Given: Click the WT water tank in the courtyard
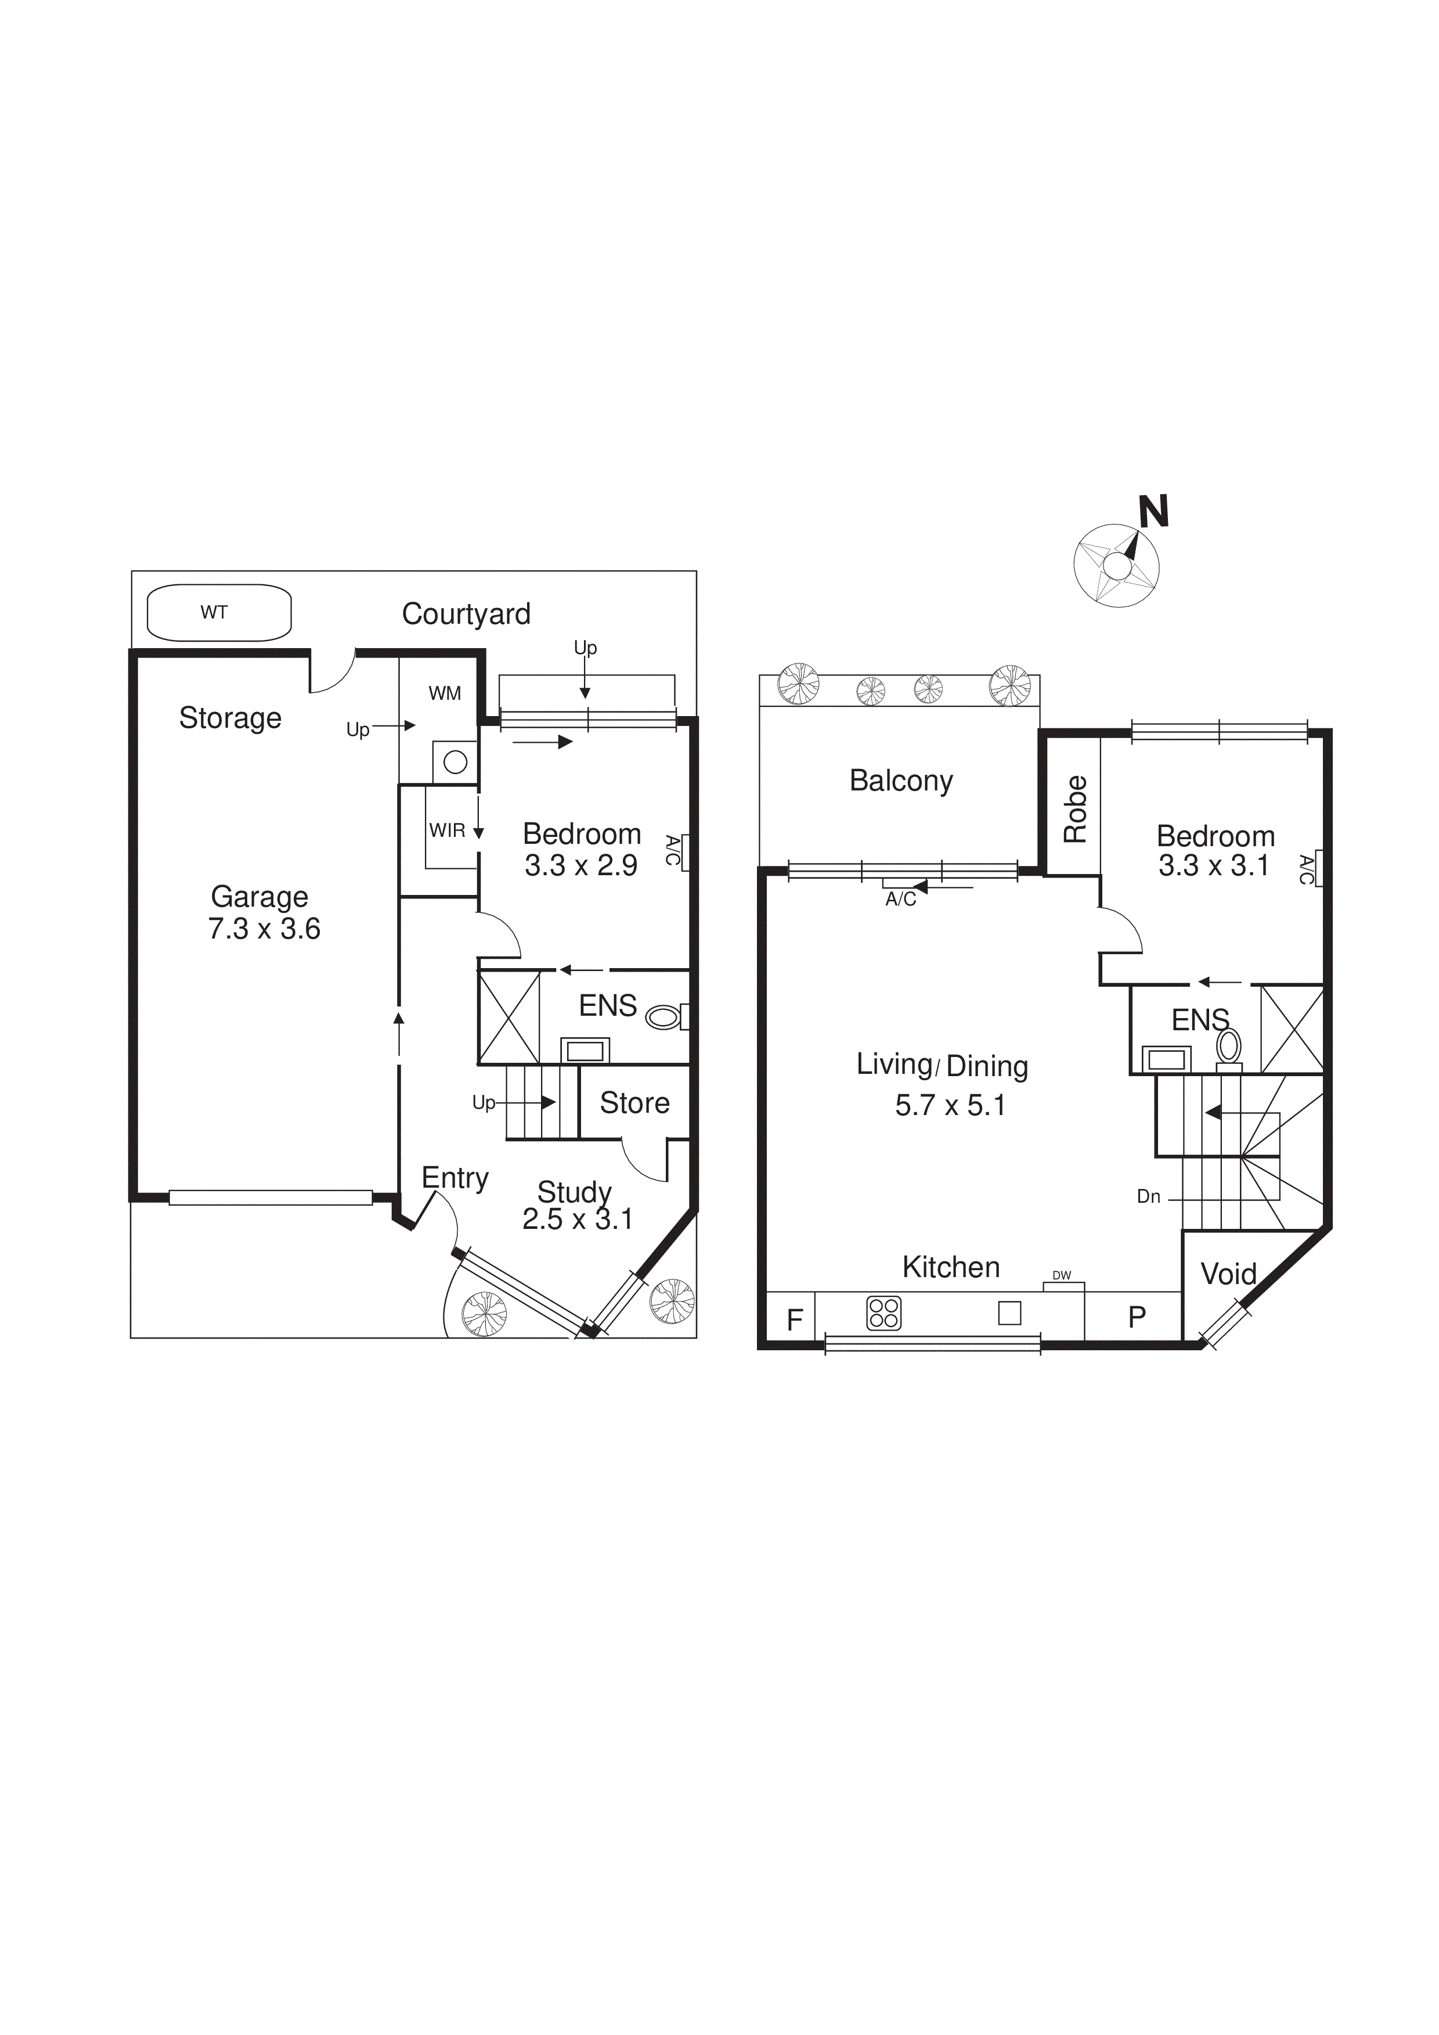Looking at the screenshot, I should pyautogui.click(x=218, y=612).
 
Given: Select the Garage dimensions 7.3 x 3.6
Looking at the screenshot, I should pyautogui.click(x=264, y=929).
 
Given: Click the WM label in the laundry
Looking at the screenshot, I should pyautogui.click(x=445, y=693).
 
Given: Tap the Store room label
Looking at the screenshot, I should pyautogui.click(x=634, y=1103).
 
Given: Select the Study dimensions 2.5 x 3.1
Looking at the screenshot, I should pyautogui.click(x=577, y=1220).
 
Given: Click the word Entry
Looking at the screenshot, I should pyautogui.click(x=455, y=1178).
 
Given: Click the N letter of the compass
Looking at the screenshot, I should pyautogui.click(x=1153, y=512).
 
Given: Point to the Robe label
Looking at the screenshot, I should pyautogui.click(x=1075, y=808).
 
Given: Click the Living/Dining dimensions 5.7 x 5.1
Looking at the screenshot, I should pyautogui.click(x=950, y=1105).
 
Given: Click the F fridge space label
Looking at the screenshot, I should pyautogui.click(x=795, y=1319).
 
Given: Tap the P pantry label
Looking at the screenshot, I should pyautogui.click(x=1137, y=1317).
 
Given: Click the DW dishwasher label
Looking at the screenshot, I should pyautogui.click(x=1062, y=1275).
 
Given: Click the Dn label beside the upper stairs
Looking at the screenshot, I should pyautogui.click(x=1148, y=1196).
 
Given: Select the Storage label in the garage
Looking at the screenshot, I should pyautogui.click(x=230, y=717).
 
